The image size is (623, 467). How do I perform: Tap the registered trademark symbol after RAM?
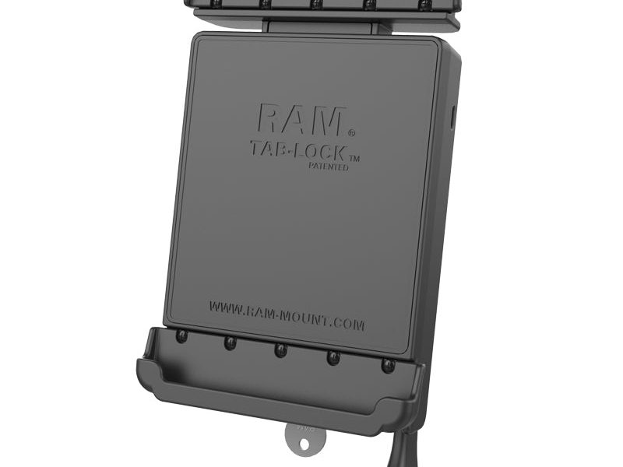pos(351,132)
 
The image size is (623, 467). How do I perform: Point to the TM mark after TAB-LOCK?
pos(355,158)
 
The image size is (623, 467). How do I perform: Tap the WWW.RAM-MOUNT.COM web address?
pos(286,315)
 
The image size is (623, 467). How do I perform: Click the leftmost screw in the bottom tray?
pos(181,336)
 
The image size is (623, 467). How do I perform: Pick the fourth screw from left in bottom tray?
pos(333,357)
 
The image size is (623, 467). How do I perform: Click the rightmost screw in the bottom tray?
pos(386,364)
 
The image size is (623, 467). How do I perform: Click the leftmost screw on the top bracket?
pos(207,4)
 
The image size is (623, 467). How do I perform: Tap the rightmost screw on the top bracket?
pos(424,5)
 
